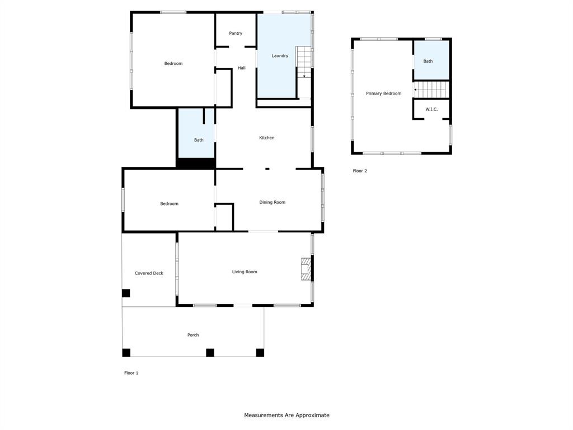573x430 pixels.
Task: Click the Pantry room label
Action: click(x=236, y=34)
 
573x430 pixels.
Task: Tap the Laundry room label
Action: click(x=280, y=56)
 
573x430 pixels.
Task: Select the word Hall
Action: click(x=241, y=68)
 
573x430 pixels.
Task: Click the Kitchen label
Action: click(x=266, y=138)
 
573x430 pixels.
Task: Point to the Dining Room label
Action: click(x=272, y=203)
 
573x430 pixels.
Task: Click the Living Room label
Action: click(x=245, y=272)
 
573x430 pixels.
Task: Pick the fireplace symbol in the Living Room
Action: click(x=306, y=269)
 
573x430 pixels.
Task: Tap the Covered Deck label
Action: click(x=149, y=273)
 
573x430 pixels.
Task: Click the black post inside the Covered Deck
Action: click(x=126, y=293)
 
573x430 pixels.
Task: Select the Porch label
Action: click(x=193, y=335)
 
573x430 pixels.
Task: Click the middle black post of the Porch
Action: click(x=210, y=353)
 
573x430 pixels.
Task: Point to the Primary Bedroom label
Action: click(x=383, y=94)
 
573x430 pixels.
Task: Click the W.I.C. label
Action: click(x=431, y=109)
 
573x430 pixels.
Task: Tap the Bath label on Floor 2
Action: click(x=428, y=62)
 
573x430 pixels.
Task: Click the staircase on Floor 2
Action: click(x=432, y=89)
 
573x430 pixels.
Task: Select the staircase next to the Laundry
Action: click(x=304, y=62)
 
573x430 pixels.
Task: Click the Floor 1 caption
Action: click(x=131, y=373)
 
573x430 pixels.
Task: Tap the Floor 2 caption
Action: click(x=360, y=171)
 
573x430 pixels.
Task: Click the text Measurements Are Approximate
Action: click(x=286, y=415)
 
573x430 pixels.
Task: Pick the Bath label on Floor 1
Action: click(x=199, y=141)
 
